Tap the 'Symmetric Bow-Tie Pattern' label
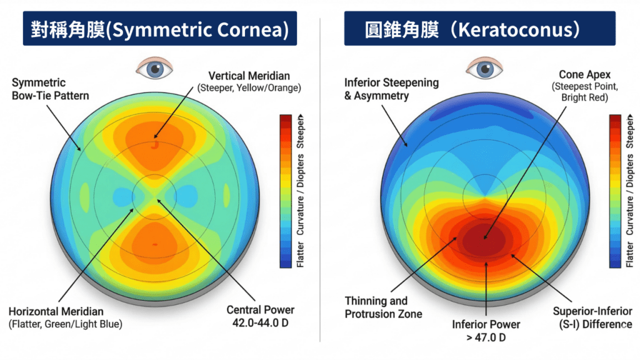click(x=51, y=89)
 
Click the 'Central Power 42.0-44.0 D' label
click(x=260, y=316)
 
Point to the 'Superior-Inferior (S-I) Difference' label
click(x=592, y=317)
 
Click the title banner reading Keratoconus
click(x=480, y=30)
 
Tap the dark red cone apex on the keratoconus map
click(x=486, y=237)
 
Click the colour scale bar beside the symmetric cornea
click(x=286, y=191)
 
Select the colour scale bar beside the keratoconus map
click(x=616, y=191)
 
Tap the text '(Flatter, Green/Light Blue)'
click(x=65, y=324)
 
